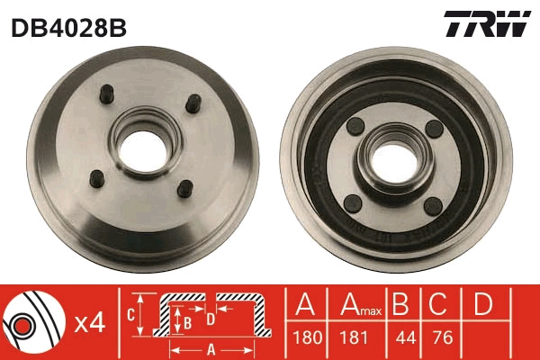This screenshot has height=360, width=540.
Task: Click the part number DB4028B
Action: tap(68, 28)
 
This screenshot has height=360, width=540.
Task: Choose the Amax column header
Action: tap(357, 306)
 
